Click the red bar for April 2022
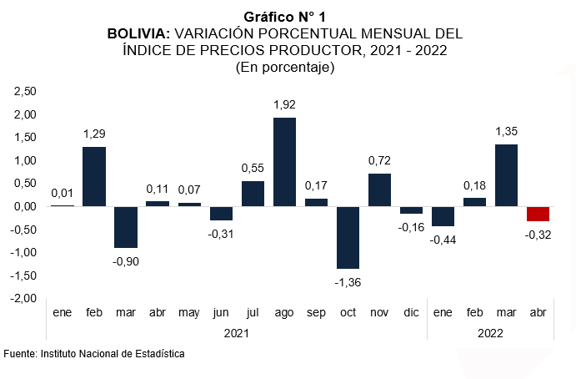(538, 214)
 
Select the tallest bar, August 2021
(284, 162)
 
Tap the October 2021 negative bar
(348, 237)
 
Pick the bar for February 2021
(93, 176)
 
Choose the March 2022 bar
(507, 175)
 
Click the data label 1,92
(285, 105)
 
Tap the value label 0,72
(380, 160)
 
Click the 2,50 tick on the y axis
(26, 91)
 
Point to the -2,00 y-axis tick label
(24, 298)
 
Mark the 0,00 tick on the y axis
(26, 206)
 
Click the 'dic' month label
(411, 312)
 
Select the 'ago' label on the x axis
(284, 312)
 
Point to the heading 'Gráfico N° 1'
(285, 17)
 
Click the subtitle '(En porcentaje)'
(285, 68)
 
